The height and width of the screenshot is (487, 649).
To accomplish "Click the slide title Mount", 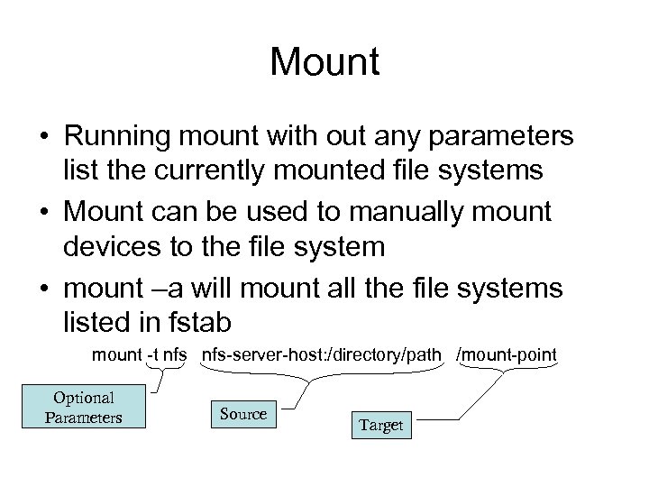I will click(324, 63).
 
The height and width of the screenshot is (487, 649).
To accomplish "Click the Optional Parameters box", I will click(84, 408).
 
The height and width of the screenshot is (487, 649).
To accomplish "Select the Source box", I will click(243, 414).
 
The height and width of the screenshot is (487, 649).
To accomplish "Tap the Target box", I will click(380, 425).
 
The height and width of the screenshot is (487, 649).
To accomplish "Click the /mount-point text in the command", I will click(507, 355).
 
